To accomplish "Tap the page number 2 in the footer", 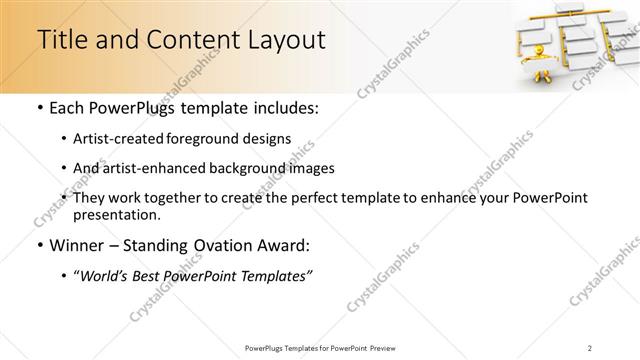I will [591, 347].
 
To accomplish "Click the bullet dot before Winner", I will [38, 245].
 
